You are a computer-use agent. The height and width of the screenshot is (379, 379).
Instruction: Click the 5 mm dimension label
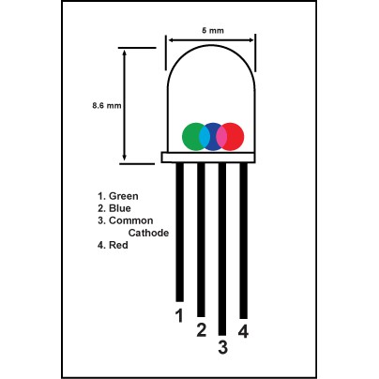(x=213, y=30)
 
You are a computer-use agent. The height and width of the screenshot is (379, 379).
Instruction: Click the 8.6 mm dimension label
(x=107, y=105)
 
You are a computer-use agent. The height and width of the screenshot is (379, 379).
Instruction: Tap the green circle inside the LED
(x=190, y=136)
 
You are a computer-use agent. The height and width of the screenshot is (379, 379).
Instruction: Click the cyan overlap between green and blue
(x=205, y=137)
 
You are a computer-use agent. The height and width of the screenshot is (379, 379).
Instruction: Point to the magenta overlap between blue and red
(x=221, y=137)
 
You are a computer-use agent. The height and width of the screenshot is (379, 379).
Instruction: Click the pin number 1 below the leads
(x=179, y=315)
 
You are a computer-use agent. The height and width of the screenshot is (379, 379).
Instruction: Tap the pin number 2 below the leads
(x=202, y=330)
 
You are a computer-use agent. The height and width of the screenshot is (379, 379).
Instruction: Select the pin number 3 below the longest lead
(x=222, y=347)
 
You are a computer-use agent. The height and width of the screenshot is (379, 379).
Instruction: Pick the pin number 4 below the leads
(x=243, y=331)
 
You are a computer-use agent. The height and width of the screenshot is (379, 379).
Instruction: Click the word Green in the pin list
(x=123, y=196)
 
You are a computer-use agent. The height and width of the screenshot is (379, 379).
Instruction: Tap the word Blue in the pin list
(x=120, y=208)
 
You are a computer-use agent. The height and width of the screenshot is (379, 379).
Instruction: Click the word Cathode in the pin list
(x=148, y=233)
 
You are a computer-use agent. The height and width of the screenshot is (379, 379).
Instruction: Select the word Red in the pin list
(x=118, y=245)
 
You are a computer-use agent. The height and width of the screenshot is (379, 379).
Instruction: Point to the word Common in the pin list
(x=130, y=220)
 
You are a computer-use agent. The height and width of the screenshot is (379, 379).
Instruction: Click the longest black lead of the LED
(x=222, y=249)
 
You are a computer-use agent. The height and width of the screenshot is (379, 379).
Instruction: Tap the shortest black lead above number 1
(x=180, y=232)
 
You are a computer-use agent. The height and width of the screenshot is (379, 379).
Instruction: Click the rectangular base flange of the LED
(x=208, y=158)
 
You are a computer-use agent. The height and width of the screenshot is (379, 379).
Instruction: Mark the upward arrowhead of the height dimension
(x=125, y=53)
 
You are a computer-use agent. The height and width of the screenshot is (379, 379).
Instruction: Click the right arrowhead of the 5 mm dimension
(x=250, y=40)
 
